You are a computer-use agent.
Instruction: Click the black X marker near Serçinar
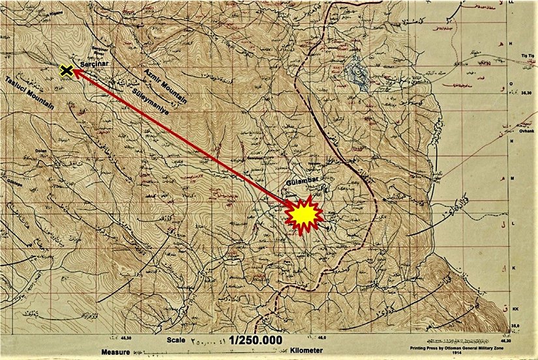(x=65, y=70)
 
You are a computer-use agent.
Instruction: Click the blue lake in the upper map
(x=355, y=68)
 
